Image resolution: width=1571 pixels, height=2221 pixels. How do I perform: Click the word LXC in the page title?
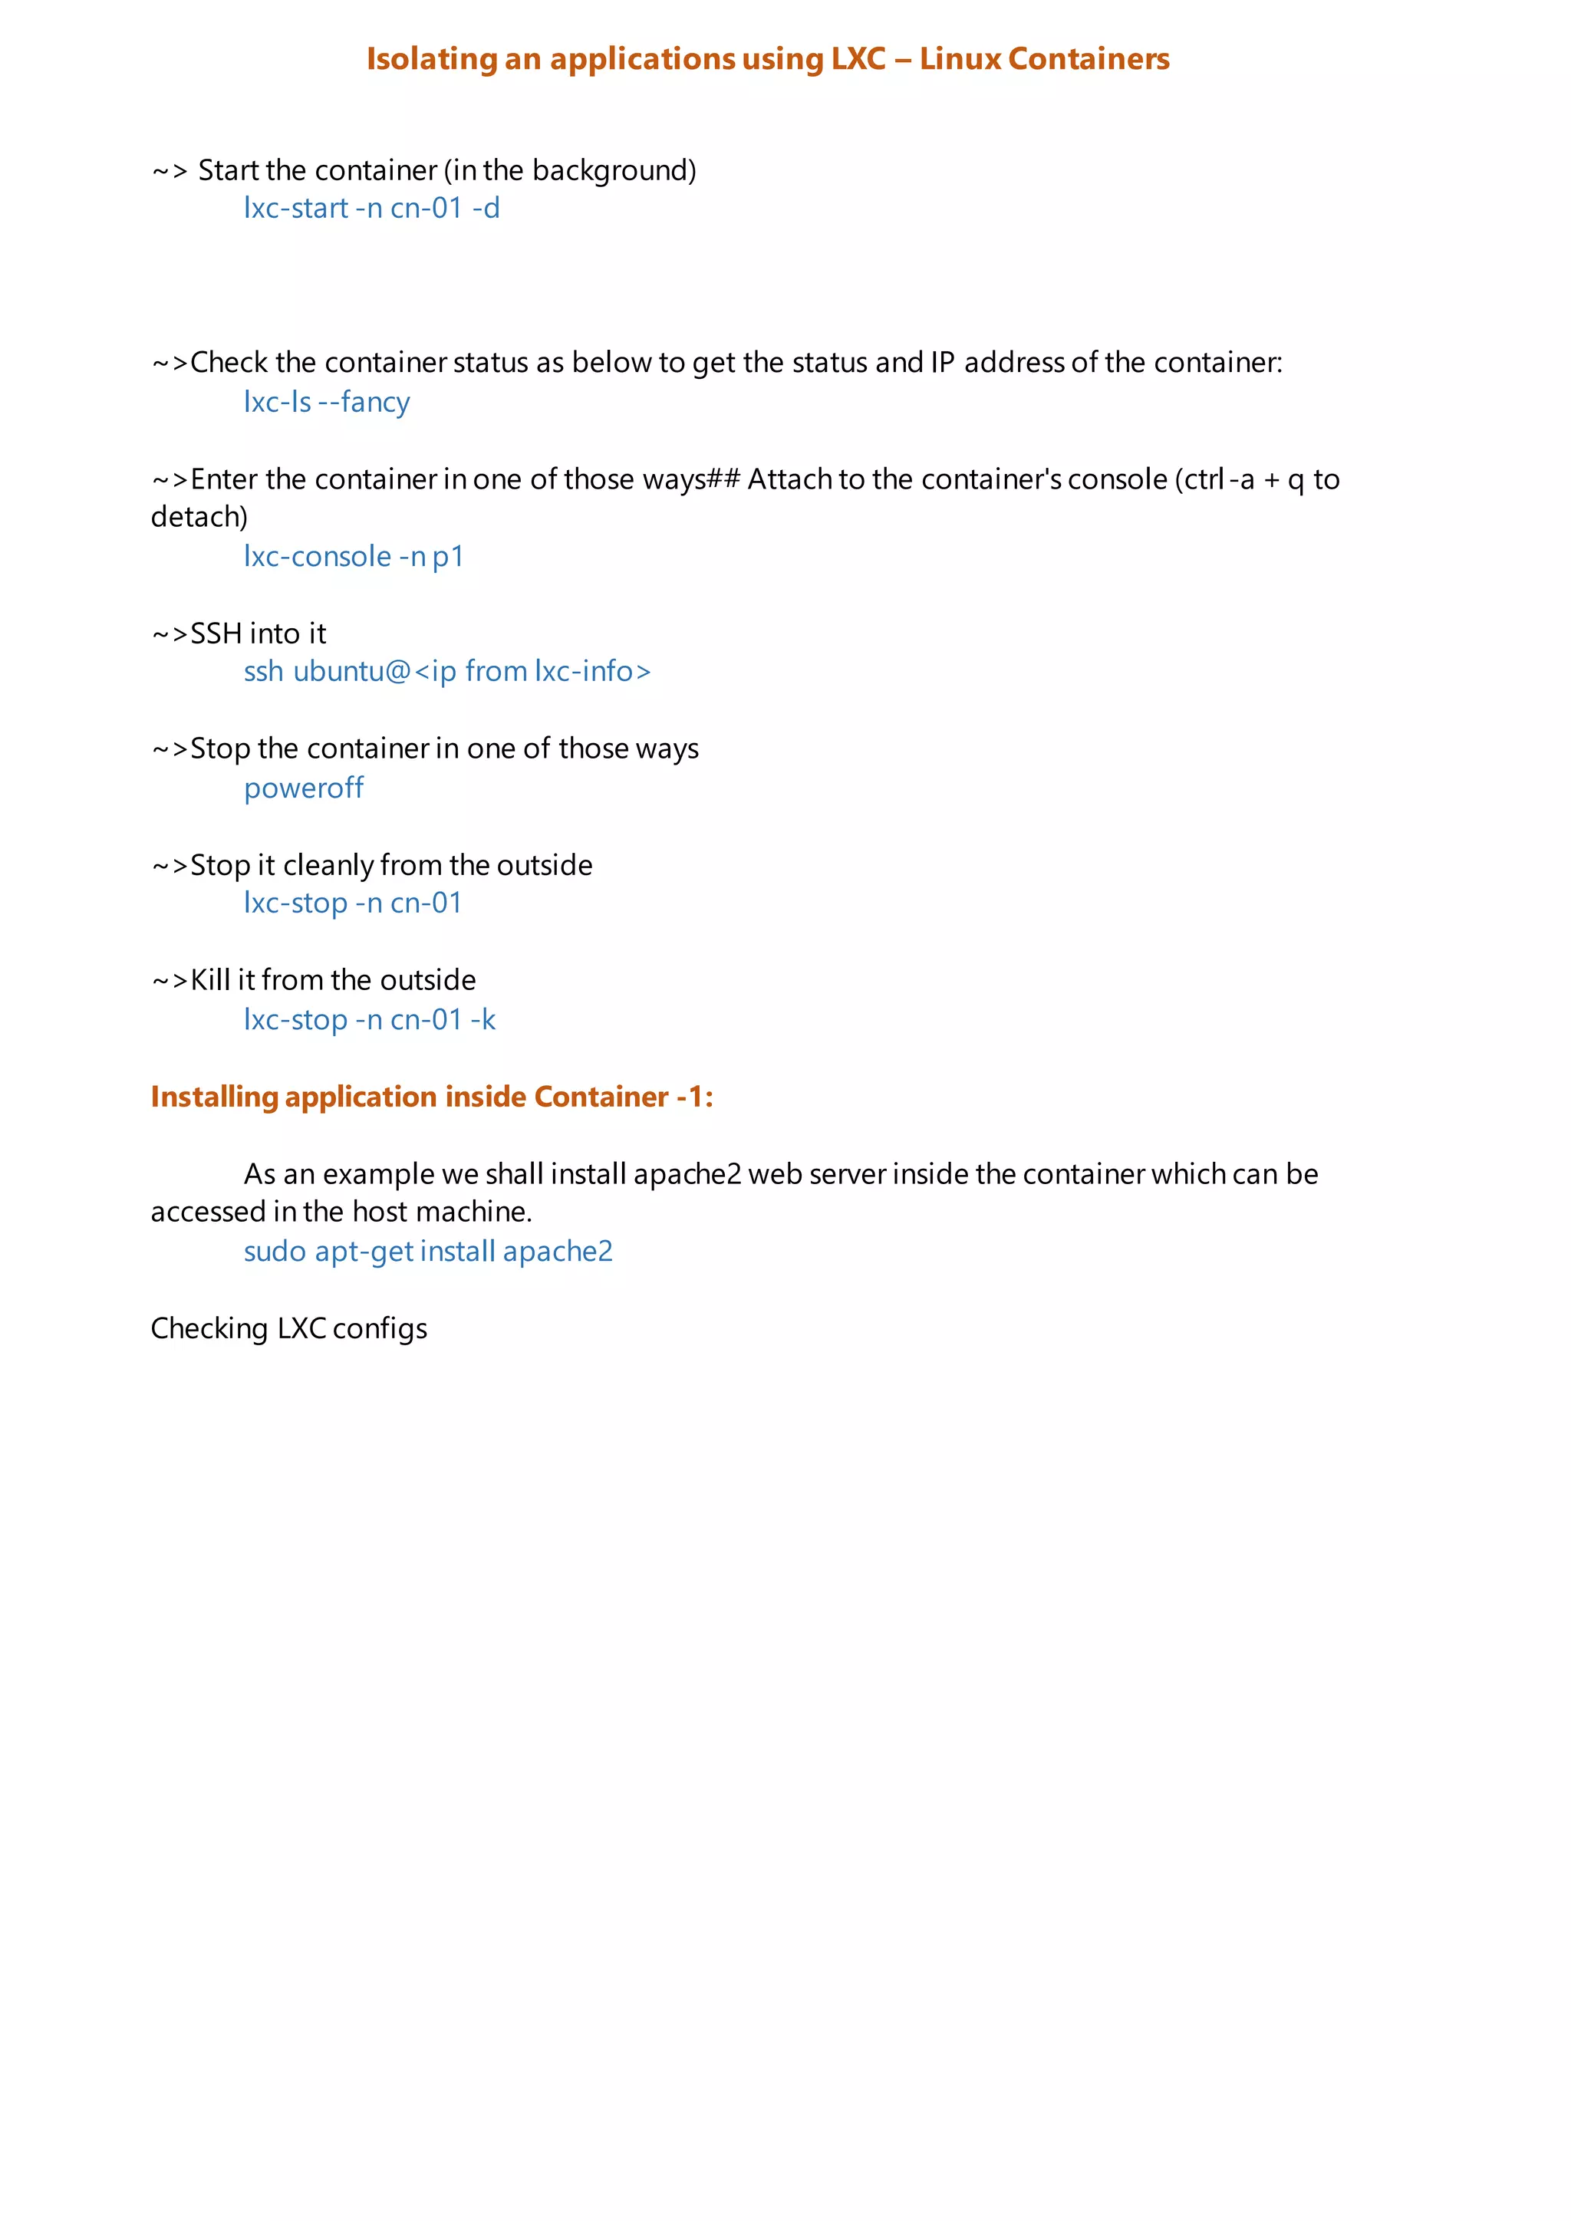tap(858, 59)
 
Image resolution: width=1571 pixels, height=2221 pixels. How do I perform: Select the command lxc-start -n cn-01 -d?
tap(371, 208)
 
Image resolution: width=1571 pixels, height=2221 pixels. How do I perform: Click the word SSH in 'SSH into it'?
tap(216, 633)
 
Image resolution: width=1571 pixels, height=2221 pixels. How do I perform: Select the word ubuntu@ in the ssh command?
tap(352, 671)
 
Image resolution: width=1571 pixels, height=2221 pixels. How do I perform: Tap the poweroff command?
tap(303, 788)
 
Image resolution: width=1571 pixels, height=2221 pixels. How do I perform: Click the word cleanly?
tap(328, 865)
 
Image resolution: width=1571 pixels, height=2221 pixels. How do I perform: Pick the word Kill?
tap(210, 980)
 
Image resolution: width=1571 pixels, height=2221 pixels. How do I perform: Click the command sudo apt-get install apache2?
tap(427, 1251)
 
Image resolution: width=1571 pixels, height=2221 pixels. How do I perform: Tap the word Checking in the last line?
tap(209, 1329)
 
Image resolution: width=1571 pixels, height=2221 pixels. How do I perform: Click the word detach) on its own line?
tap(199, 518)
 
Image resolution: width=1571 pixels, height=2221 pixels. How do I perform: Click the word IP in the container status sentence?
tap(942, 363)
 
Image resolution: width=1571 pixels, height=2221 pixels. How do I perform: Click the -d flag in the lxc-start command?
tap(486, 208)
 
